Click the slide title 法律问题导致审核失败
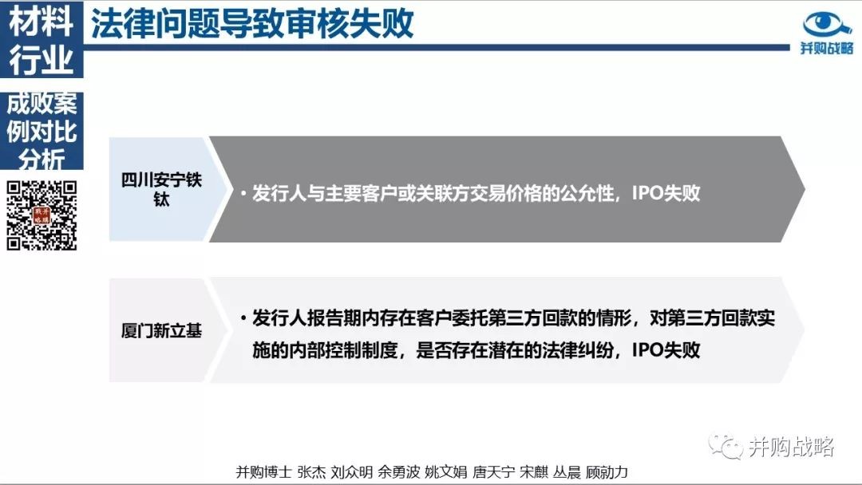(252, 24)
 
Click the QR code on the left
(42, 215)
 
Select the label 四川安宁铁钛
(161, 189)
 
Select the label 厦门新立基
(161, 331)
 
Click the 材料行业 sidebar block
(42, 40)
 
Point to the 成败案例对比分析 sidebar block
(42, 131)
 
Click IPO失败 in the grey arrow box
(666, 193)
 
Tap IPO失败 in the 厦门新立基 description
(666, 349)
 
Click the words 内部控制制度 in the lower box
(342, 349)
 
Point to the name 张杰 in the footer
(311, 471)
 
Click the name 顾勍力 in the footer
(607, 471)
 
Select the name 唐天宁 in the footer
(493, 471)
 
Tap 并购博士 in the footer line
(263, 471)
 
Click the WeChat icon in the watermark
(725, 446)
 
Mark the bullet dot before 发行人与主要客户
(243, 193)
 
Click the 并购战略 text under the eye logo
(827, 48)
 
